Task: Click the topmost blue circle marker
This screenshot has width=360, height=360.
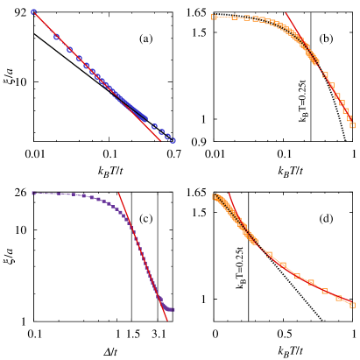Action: coord(34,11)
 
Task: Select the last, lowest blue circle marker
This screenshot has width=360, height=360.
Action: coord(173,140)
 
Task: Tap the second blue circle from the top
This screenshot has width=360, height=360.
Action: coord(56,37)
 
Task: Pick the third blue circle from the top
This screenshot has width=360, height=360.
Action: coord(69,50)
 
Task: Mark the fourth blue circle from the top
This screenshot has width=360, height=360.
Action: coord(79,59)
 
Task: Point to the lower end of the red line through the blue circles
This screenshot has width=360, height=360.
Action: coord(161,140)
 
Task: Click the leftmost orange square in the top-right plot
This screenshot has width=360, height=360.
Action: coord(214,17)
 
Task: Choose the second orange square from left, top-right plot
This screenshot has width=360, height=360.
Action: coord(235,17)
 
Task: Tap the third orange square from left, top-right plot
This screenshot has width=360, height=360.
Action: coord(246,18)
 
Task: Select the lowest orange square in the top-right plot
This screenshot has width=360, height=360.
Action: coord(352,125)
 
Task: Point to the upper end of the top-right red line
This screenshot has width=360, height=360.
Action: coord(286,13)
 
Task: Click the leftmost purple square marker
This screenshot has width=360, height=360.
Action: coord(33,193)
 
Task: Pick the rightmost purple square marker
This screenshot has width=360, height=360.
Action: coord(173,309)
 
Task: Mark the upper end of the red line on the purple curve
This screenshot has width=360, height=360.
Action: coord(119,193)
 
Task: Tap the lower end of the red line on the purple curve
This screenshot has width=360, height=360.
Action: coord(166,321)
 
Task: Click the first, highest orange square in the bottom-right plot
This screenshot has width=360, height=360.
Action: coord(215,196)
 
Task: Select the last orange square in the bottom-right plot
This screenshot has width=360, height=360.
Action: coord(352,305)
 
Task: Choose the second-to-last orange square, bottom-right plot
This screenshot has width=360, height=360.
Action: coord(338,299)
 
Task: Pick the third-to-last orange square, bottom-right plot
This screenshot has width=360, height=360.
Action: coord(324,291)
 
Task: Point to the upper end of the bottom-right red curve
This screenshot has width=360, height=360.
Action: coord(229,194)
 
